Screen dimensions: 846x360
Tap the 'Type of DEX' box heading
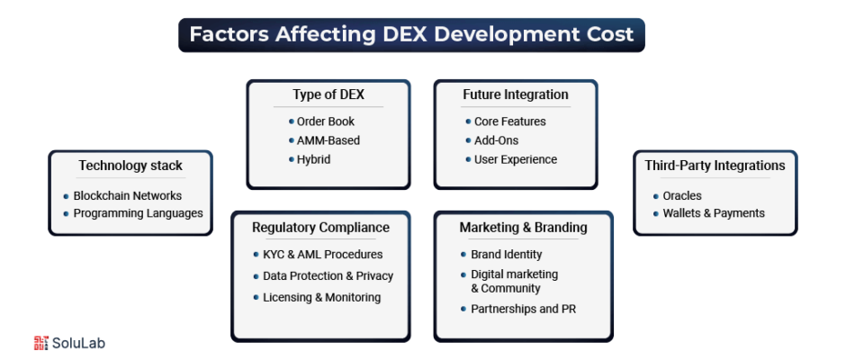point(328,94)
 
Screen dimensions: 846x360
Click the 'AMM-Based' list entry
point(328,140)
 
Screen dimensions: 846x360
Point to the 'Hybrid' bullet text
point(313,160)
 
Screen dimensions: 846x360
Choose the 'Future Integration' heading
point(516,94)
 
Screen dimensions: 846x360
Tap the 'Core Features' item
point(510,121)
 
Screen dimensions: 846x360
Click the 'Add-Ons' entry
point(497,140)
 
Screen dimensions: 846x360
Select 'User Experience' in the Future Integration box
point(516,160)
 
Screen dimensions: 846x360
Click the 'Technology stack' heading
point(130,166)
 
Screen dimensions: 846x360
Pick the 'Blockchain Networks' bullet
point(127,195)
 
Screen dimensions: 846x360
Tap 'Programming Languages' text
point(138,213)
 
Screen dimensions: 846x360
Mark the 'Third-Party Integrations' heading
point(715,166)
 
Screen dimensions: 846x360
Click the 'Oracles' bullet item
point(682,196)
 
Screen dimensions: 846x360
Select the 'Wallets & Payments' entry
point(714,213)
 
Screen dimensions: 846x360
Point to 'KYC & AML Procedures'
point(322,254)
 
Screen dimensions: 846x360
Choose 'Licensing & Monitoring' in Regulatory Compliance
point(321,297)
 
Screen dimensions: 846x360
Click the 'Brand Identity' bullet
point(506,254)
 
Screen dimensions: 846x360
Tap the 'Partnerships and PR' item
point(524,310)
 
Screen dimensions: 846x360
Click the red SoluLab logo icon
point(41,343)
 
